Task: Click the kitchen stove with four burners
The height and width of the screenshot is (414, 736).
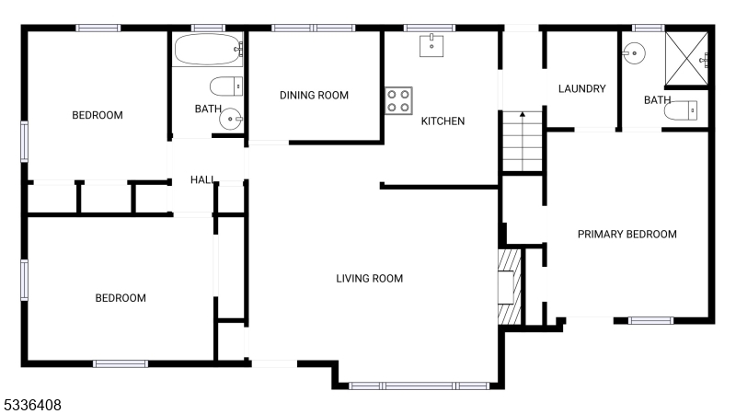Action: coord(398,100)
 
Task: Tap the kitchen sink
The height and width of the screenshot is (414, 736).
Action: coord(431,44)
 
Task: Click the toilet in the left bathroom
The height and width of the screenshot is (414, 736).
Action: coord(226,86)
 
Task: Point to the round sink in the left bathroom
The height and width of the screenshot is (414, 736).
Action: coord(234,119)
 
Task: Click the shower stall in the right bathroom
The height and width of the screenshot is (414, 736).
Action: coord(686,57)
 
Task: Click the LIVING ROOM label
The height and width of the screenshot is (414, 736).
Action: coord(369,279)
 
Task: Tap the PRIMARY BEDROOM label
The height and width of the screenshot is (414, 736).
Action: coord(627,235)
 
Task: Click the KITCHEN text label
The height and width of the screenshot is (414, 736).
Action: coord(443,121)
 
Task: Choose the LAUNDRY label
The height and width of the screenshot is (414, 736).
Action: coord(581,89)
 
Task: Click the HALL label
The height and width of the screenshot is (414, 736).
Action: coord(202,179)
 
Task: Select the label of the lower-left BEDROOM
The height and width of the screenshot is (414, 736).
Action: coord(121,298)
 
